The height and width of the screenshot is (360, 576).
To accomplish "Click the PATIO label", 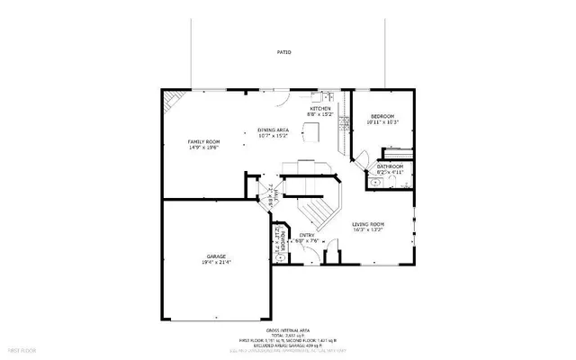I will pos(283,52).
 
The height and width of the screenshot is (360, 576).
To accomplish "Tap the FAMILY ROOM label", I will pos(203,142).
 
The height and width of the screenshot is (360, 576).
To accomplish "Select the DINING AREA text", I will pos(274,130).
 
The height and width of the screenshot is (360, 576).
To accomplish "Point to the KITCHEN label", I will pos(320,109).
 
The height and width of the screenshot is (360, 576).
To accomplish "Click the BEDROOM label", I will pos(383,117).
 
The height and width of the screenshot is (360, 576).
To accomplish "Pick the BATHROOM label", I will pos(390,166).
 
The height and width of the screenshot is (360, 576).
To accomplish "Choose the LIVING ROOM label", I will pos(368,223).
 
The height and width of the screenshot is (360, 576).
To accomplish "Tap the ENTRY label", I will pos(307,236).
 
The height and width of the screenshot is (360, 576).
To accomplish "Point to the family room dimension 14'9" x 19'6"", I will pos(203,148).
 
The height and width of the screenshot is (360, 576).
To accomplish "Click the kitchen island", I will pos(311,133).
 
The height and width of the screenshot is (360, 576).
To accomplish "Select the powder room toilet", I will pos(280,256).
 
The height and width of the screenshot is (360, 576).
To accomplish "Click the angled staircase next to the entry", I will pos(317,211).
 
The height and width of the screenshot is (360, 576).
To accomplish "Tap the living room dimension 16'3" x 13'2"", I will pos(368,229).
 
